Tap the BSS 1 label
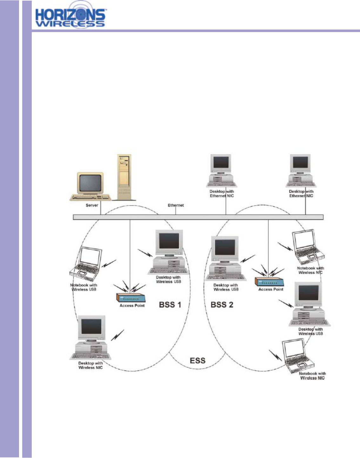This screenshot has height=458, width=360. (x=170, y=305)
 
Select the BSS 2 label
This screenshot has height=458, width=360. (x=222, y=305)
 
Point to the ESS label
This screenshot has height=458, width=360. (x=197, y=361)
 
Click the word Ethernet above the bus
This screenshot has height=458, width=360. (x=176, y=205)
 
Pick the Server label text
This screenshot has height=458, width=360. (x=92, y=205)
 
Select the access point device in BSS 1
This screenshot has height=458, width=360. (x=130, y=298)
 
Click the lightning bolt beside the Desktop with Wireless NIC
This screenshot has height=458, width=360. (x=117, y=335)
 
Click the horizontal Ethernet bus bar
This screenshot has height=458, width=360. (x=198, y=217)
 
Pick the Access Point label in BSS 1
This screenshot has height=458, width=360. (x=132, y=306)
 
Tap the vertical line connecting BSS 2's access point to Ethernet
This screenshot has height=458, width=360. (x=269, y=244)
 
